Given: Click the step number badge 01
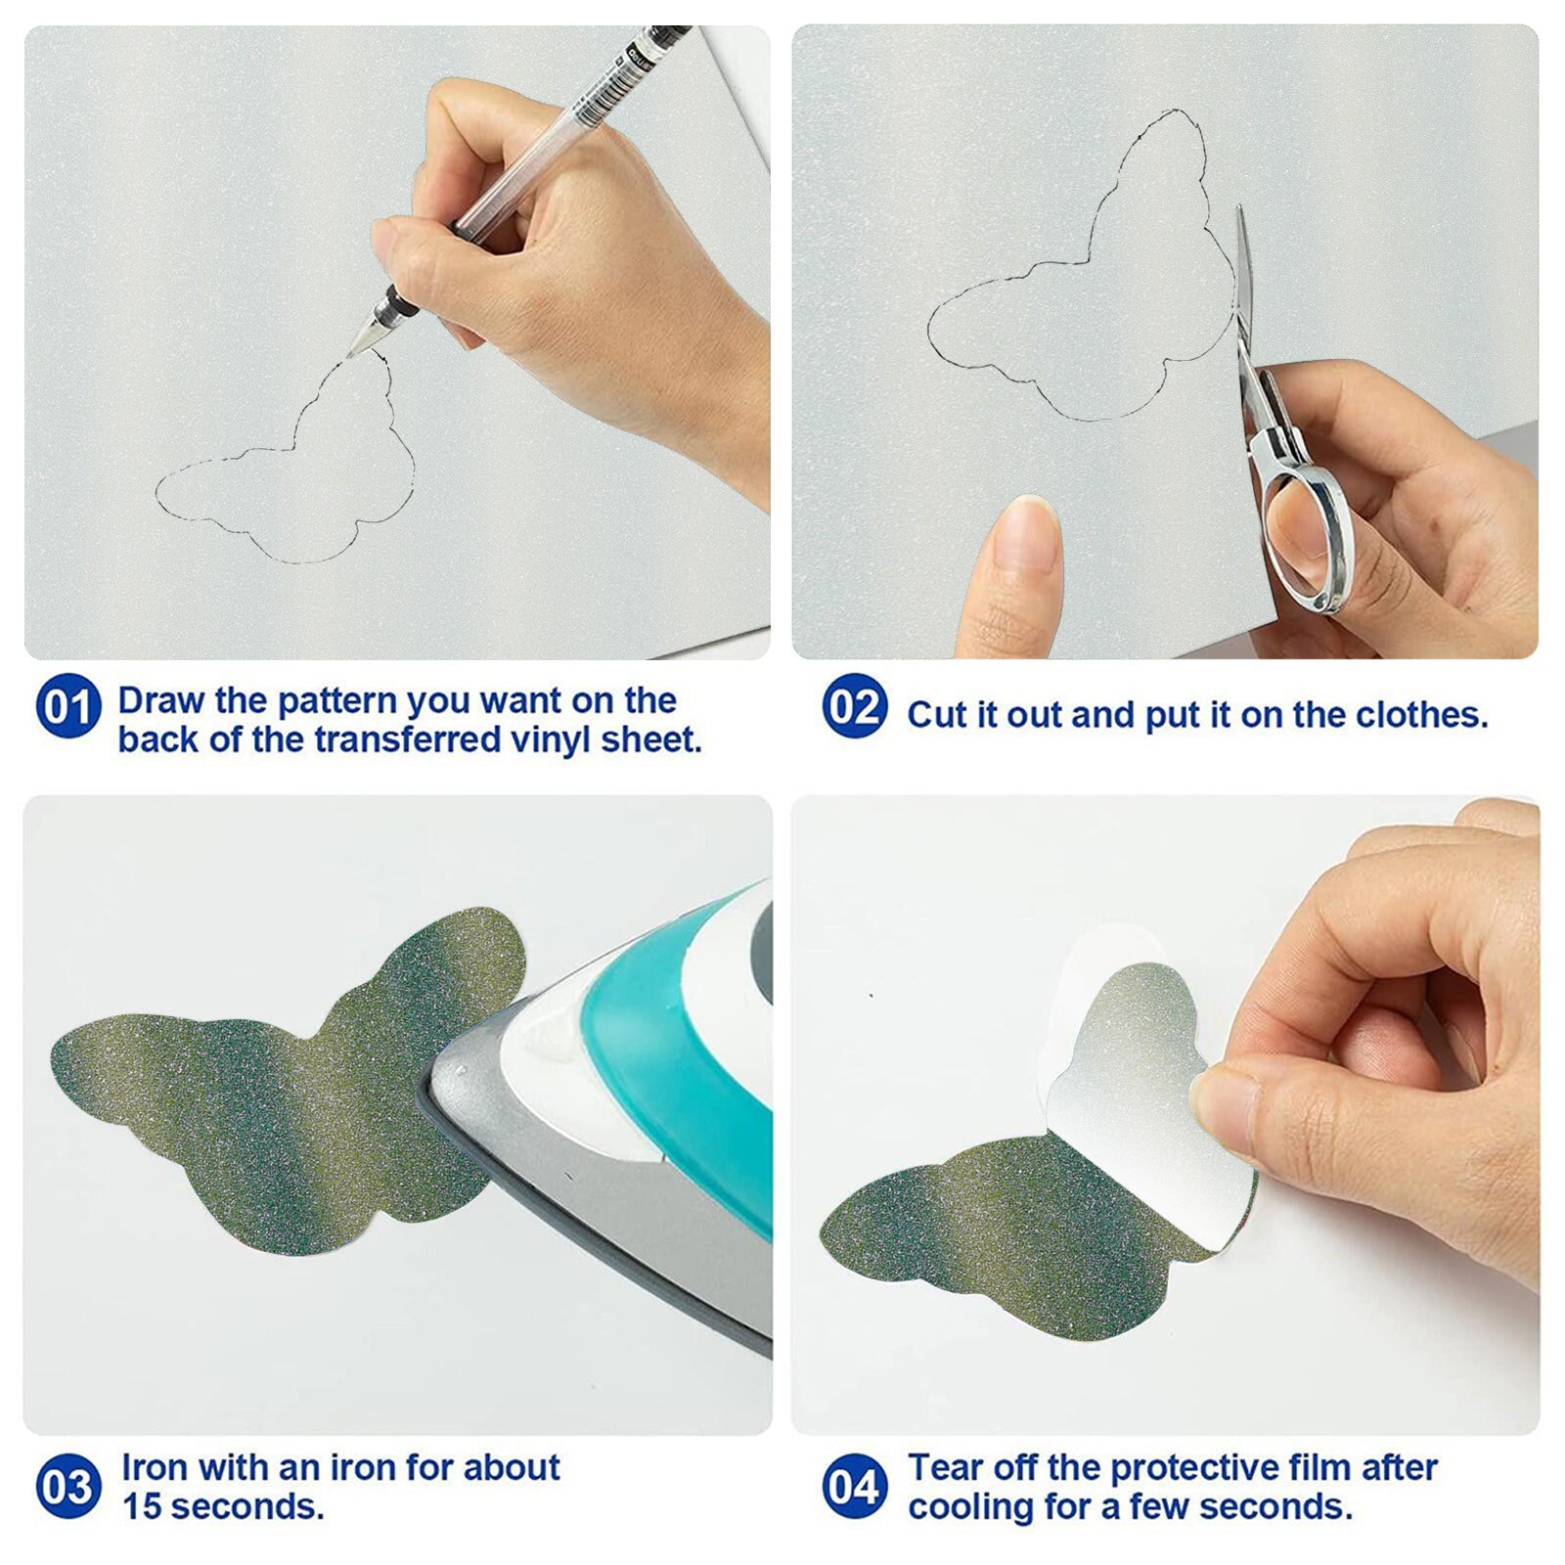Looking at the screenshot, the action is point(68,706).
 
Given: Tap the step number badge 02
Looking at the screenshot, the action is point(855,706).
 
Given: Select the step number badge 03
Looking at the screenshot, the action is point(68,1487).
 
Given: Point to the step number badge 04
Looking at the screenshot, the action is point(855,1487).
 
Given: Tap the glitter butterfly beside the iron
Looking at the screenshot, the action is point(274,1086).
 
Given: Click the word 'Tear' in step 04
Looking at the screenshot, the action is point(947,1467).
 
